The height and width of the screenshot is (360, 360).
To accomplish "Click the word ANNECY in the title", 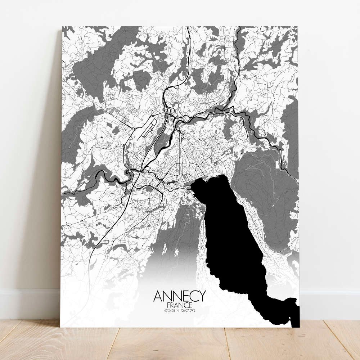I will point(179,296).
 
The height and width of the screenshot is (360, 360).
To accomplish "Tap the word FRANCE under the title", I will point(179,305).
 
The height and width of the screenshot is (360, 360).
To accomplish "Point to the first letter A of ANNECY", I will point(157,296).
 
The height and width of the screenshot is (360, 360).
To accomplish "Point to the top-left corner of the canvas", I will point(62,26).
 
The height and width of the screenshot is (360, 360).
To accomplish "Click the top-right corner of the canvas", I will point(298,26).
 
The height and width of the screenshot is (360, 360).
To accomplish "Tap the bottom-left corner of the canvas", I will point(60,327).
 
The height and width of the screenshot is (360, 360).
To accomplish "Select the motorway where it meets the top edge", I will point(188,27).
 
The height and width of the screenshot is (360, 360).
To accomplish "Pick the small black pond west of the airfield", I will point(102,137).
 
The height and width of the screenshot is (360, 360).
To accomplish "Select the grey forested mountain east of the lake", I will point(266,194).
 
